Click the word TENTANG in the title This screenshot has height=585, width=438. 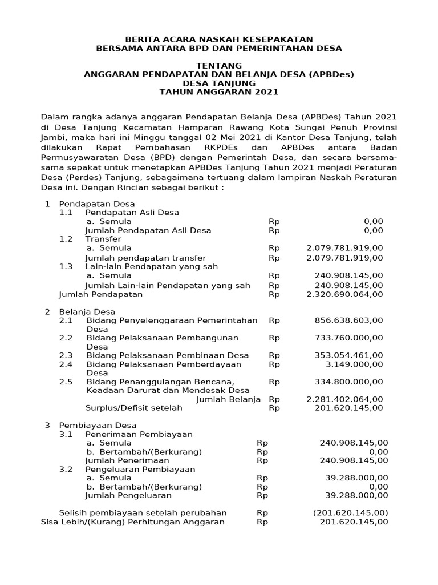click(x=219, y=66)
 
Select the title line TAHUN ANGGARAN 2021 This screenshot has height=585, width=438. click(x=219, y=91)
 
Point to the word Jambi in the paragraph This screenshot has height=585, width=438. click(x=53, y=138)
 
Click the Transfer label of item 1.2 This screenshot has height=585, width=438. click(x=103, y=239)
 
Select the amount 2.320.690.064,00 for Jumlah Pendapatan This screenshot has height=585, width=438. click(x=344, y=294)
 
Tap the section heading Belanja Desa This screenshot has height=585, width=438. click(x=87, y=312)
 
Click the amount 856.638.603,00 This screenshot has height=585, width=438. click(x=348, y=320)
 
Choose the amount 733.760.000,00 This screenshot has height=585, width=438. click(x=348, y=338)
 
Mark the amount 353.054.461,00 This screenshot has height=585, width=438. click(x=348, y=355)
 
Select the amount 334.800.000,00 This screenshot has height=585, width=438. click(x=348, y=382)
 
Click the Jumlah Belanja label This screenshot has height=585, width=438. click(x=228, y=399)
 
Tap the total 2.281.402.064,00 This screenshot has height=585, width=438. click(x=344, y=399)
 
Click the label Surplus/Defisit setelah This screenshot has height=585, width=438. click(x=133, y=408)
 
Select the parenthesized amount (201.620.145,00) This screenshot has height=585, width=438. click(x=350, y=513)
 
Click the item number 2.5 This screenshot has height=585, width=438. click(x=66, y=382)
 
